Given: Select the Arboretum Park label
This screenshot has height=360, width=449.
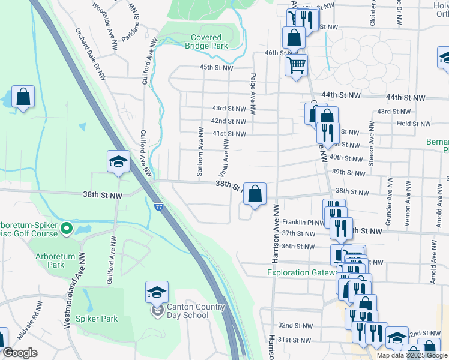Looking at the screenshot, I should pyautogui.click(x=58, y=260).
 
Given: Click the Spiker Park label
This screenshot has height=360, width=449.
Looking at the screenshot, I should pyautogui.click(x=97, y=319).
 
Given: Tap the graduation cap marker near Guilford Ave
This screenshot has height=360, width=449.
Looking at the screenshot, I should pyautogui.click(x=118, y=161).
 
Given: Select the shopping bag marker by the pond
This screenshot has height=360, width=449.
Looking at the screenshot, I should pyautogui.click(x=23, y=97).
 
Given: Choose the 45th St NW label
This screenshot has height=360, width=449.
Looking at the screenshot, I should pyautogui.click(x=216, y=68).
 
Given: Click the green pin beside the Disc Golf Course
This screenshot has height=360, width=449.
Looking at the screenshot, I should pyautogui.click(x=66, y=228).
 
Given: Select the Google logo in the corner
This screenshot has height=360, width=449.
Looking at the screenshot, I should pyautogui.click(x=20, y=353).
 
